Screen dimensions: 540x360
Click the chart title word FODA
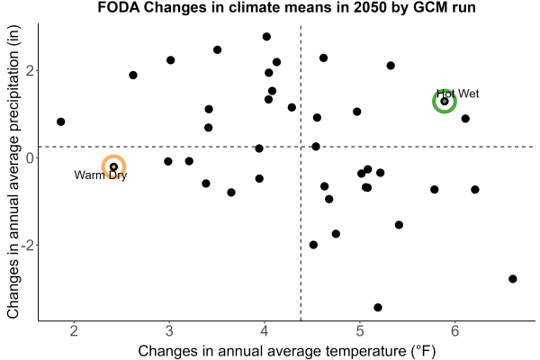[119, 7]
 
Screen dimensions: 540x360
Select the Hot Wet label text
[458, 94]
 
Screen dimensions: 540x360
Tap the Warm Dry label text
[101, 175]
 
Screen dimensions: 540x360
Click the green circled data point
[445, 102]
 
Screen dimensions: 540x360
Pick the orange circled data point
[113, 166]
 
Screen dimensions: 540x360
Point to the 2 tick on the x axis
[74, 330]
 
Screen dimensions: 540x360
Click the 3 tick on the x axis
[169, 330]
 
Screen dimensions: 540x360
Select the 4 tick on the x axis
[265, 330]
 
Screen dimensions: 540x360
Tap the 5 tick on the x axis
[360, 330]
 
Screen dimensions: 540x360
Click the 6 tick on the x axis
[454, 330]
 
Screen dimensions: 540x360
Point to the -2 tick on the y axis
[27, 245]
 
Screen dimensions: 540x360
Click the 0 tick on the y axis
[30, 157]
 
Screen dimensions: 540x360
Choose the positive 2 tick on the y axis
[30, 70]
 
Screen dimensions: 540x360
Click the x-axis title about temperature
[287, 351]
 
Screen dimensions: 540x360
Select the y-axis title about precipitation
[13, 172]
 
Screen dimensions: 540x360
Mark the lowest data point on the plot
[378, 307]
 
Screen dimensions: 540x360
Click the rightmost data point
[513, 279]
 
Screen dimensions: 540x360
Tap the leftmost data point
[60, 121]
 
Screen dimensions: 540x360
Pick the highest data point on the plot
[266, 37]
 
